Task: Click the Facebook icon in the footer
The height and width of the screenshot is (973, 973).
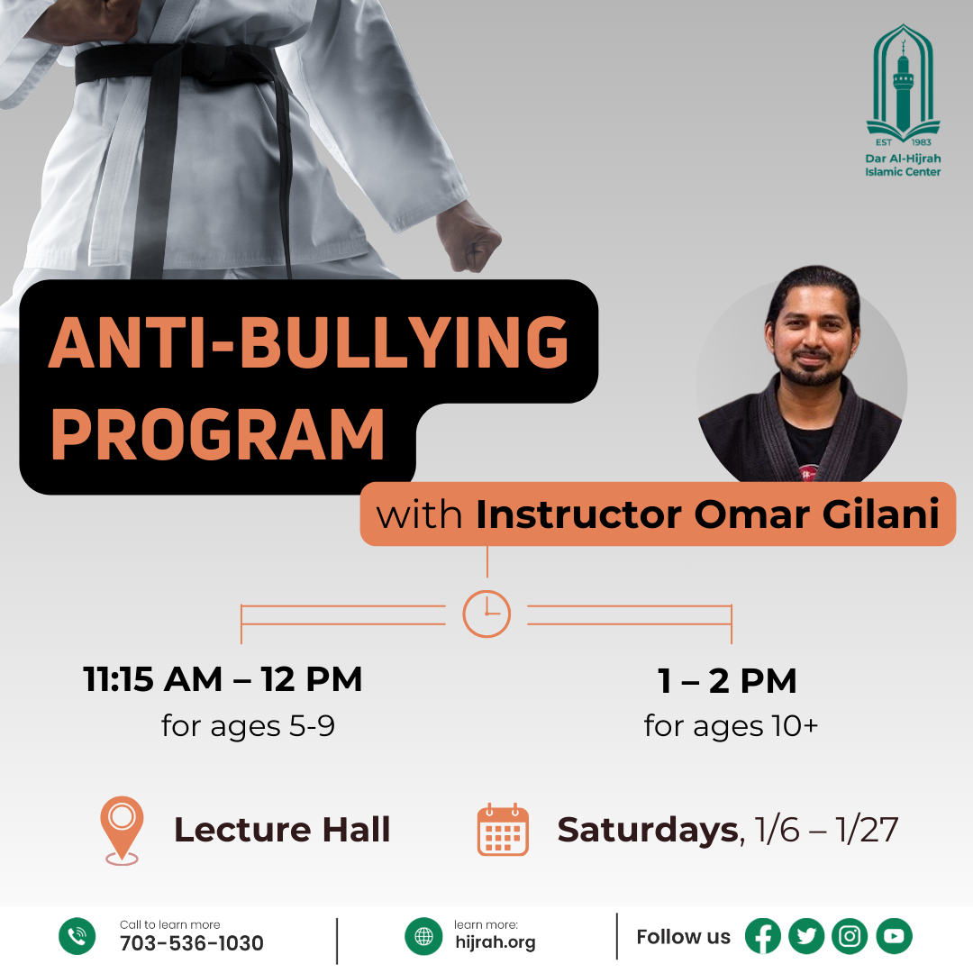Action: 763,936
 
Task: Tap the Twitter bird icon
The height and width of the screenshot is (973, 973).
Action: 806,936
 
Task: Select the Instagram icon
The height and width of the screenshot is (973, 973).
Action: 850,936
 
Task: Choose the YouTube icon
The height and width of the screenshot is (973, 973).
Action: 895,936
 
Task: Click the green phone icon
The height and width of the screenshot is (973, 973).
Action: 77,936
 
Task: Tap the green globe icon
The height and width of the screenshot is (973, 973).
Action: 423,936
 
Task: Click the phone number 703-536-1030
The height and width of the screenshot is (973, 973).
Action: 192,943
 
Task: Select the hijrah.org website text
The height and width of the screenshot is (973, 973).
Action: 496,942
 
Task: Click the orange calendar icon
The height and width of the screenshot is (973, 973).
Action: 503,830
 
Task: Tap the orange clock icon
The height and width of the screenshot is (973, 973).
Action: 486,614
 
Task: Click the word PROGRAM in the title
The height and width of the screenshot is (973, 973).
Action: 218,434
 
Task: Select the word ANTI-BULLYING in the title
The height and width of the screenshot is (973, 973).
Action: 309,342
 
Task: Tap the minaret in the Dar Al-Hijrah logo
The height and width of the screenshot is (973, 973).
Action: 904,86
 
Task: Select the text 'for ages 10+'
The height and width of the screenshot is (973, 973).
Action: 731,726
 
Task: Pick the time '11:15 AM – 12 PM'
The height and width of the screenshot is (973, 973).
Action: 223,679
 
